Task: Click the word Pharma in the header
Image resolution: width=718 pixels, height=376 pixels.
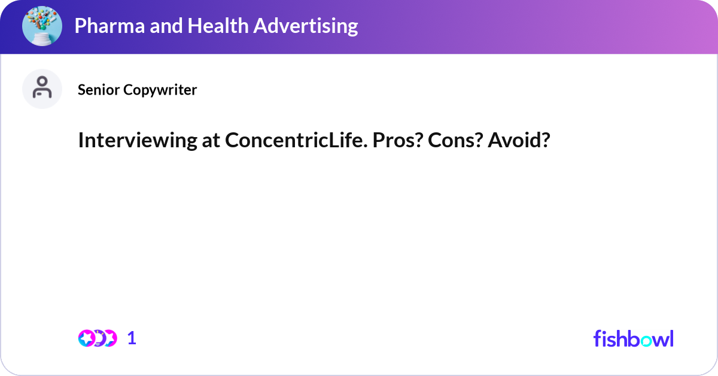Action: (x=104, y=26)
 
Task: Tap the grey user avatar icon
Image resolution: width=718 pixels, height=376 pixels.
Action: (x=42, y=89)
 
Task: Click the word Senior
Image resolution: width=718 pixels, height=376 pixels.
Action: (x=99, y=90)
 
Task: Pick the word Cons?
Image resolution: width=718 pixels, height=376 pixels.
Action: (x=446, y=141)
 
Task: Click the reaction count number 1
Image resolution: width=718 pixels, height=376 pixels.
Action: (x=132, y=338)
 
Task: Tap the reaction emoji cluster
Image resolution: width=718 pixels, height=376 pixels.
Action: (x=98, y=338)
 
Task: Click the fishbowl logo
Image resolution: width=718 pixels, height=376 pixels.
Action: (x=633, y=338)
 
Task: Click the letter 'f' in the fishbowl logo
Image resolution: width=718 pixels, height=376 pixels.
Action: (x=597, y=338)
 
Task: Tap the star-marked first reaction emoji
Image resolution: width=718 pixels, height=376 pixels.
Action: (x=87, y=338)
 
